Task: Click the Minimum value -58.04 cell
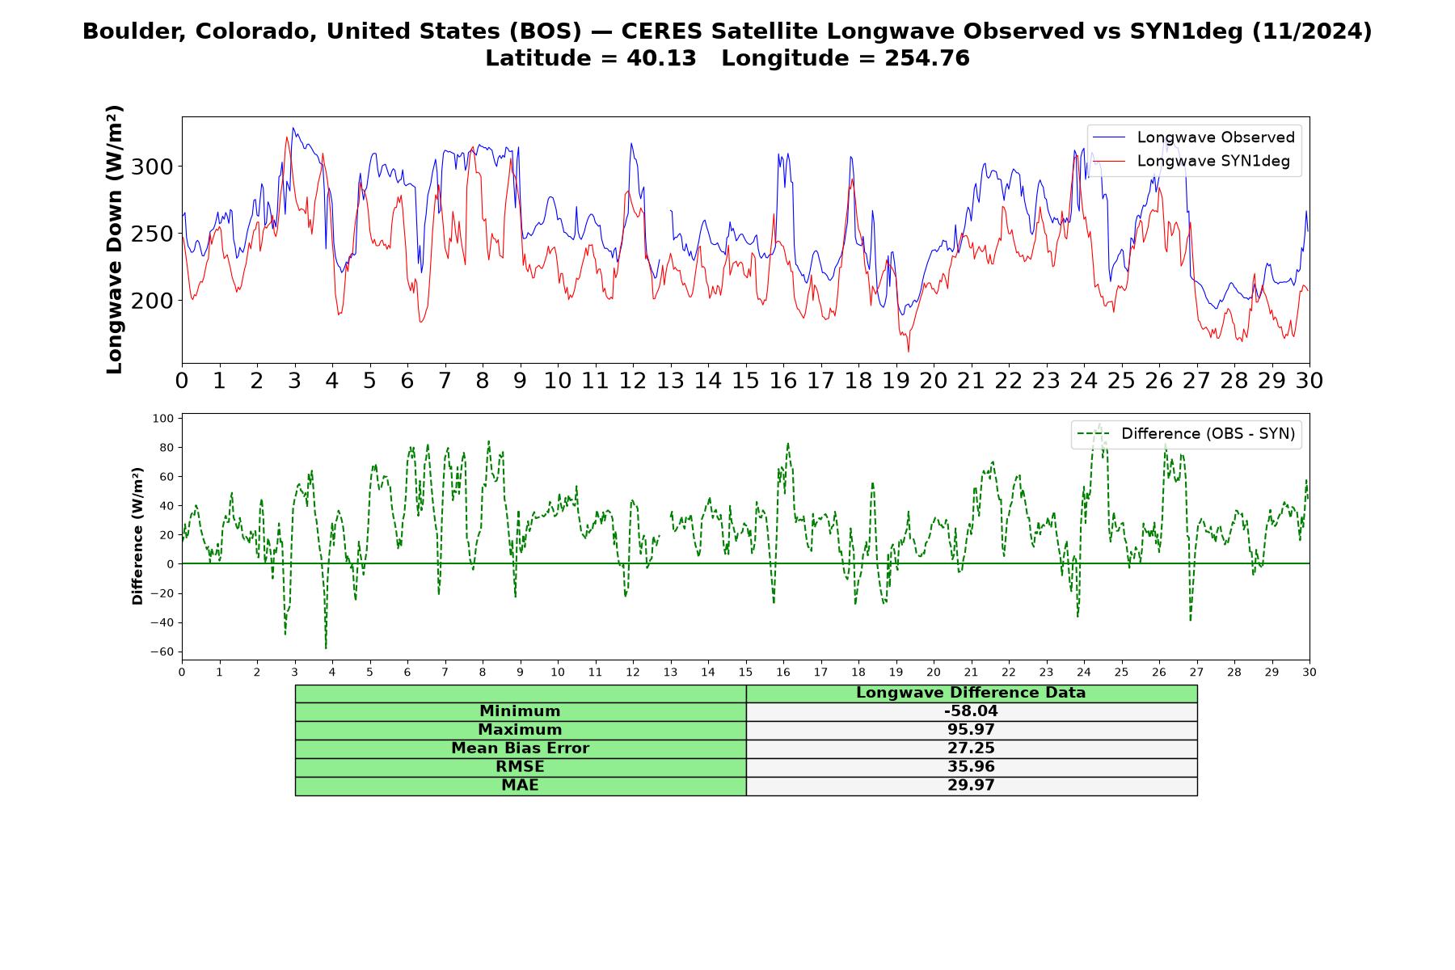(x=971, y=711)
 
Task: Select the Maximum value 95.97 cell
(x=971, y=730)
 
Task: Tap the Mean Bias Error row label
(x=520, y=749)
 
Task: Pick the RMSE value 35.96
(x=971, y=767)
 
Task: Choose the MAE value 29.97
(x=971, y=786)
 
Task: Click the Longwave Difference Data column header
(x=971, y=693)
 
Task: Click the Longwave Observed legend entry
(x=1194, y=137)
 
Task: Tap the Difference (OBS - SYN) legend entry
(x=1186, y=434)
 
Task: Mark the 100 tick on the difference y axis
(x=163, y=418)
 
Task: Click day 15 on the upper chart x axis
(x=745, y=381)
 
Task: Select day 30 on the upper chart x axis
(x=1309, y=381)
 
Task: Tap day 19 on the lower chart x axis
(x=896, y=672)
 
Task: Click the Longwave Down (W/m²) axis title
(x=114, y=239)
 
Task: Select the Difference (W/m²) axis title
(x=137, y=536)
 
